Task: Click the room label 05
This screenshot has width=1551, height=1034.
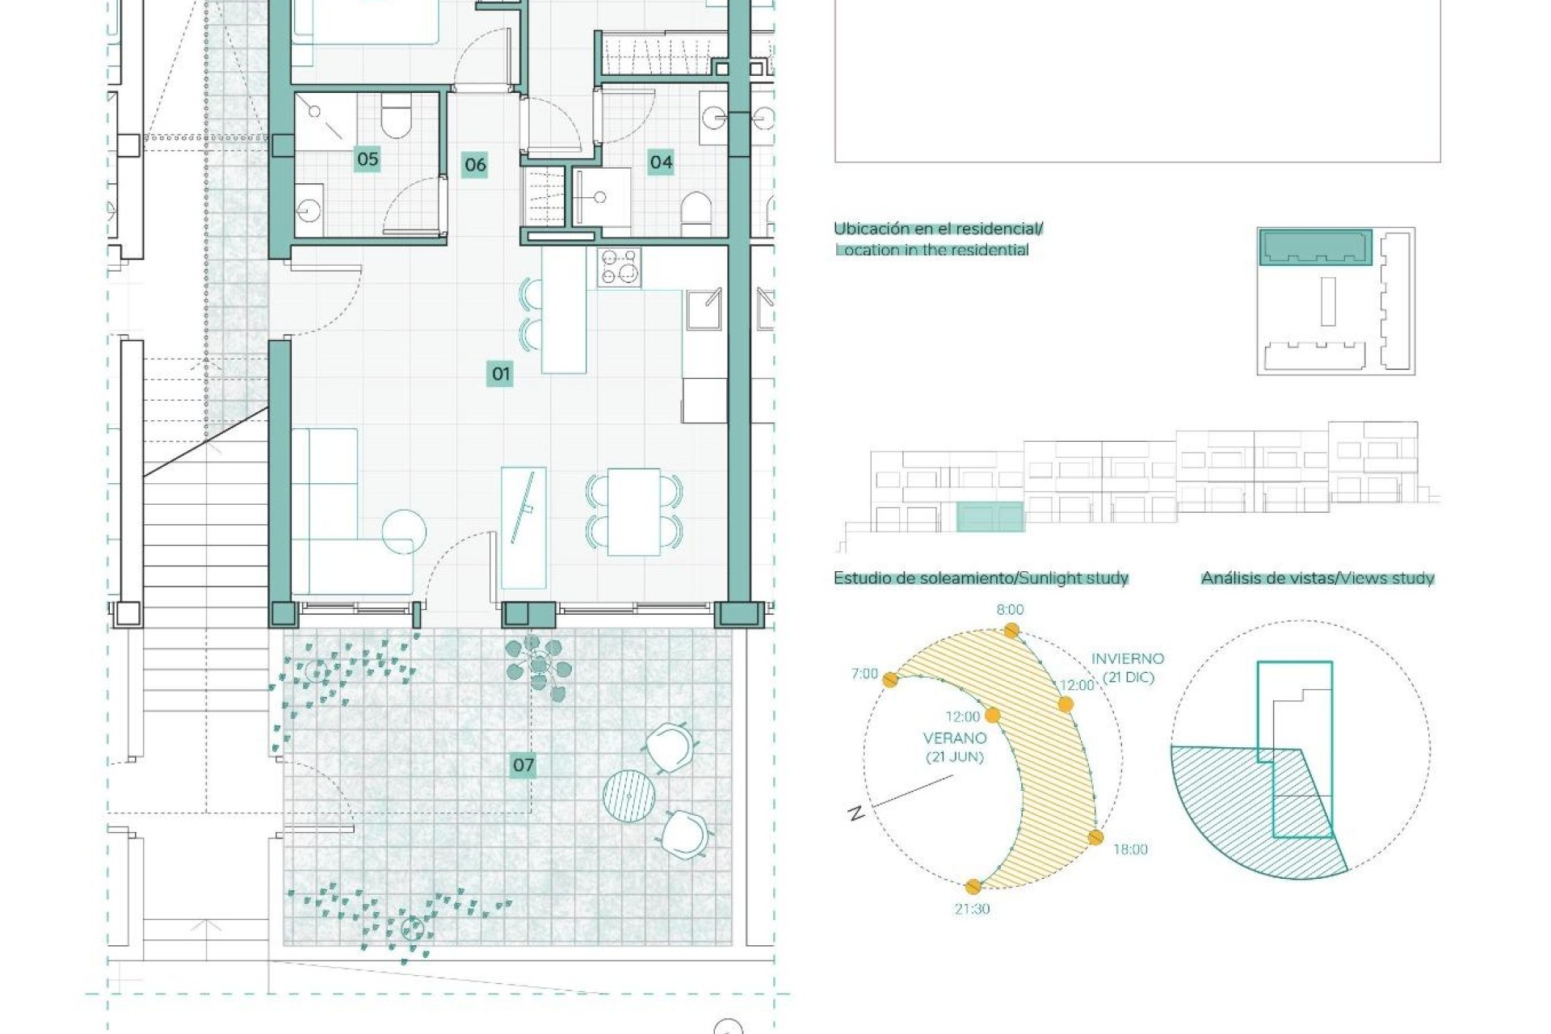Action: tap(368, 159)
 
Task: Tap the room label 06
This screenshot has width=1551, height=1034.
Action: tap(475, 165)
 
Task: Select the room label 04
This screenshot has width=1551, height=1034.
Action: tap(661, 162)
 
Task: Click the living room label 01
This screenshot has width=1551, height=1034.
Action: tap(501, 373)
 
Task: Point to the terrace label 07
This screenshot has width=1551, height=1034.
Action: tap(523, 764)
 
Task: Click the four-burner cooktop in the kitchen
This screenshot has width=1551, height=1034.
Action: tap(620, 267)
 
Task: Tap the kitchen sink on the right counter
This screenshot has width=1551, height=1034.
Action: tap(703, 309)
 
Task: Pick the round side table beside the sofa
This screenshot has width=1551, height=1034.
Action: tap(403, 532)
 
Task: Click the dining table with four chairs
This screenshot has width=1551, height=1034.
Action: tap(634, 511)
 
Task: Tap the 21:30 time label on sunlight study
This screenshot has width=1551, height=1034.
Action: tap(972, 909)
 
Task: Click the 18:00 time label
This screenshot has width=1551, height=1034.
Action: tap(1129, 849)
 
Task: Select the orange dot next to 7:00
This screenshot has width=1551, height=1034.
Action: tap(890, 680)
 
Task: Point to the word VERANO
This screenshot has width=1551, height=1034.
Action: tap(954, 738)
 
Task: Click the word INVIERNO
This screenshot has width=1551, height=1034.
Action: tap(1128, 659)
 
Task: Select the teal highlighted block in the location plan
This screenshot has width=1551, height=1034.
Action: tap(1315, 247)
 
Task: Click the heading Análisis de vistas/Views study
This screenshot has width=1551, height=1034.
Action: tap(1317, 578)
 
